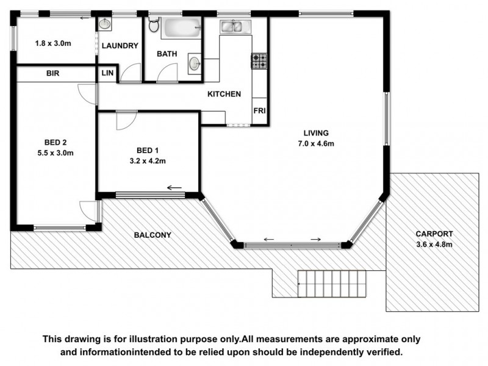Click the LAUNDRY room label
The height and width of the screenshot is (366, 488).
[120, 46]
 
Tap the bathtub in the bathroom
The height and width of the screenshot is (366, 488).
[181, 27]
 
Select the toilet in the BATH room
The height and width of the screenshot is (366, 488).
[154, 25]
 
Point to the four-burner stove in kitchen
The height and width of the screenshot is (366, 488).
[259, 60]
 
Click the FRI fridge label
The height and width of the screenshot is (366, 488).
[259, 112]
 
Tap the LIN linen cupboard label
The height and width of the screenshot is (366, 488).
[106, 73]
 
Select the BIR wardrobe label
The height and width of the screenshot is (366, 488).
[53, 73]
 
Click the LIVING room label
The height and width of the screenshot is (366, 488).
[317, 133]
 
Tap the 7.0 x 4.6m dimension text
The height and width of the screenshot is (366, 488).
[316, 144]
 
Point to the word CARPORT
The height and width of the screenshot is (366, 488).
[434, 234]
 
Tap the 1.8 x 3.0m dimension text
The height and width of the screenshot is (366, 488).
[54, 43]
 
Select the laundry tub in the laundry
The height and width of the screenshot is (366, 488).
[105, 24]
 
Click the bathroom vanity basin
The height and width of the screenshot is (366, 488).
[195, 62]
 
